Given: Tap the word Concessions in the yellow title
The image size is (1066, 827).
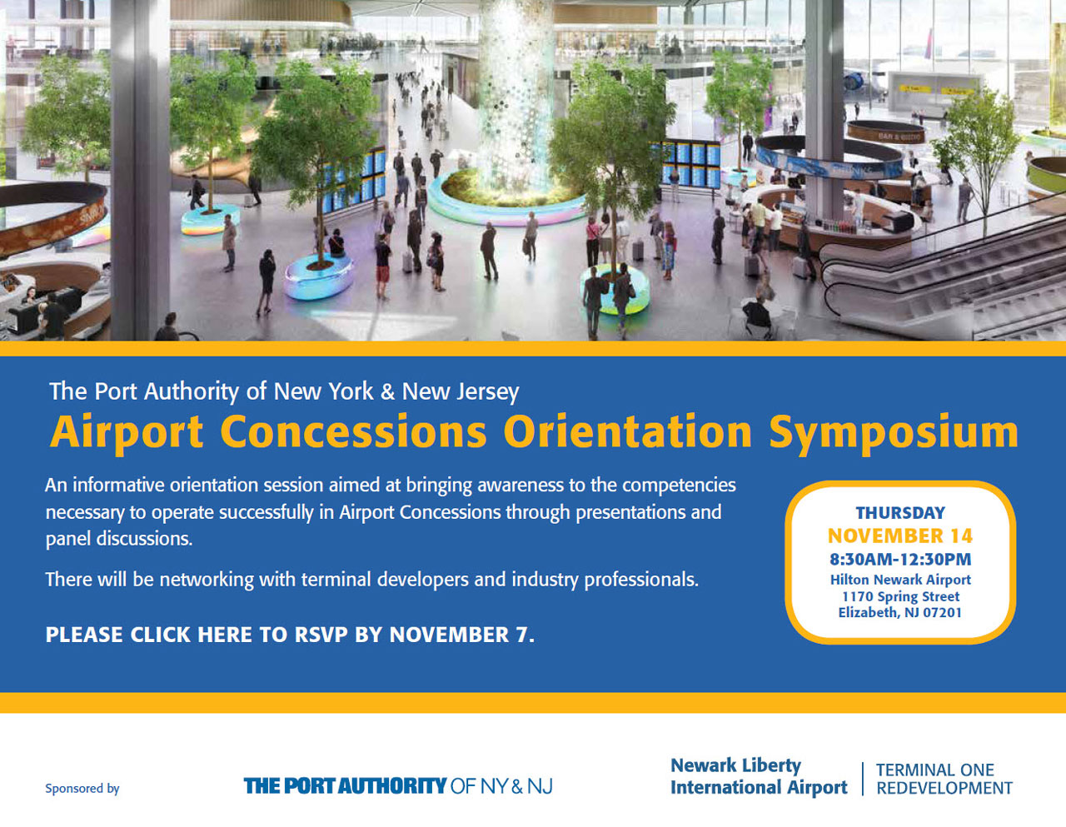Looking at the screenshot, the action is coord(353,431).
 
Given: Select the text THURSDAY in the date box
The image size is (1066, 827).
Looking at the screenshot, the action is coord(900,513).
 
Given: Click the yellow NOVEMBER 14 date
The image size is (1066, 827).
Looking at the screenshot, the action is coord(900,536).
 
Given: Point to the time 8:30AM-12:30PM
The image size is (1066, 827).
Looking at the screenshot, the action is coord(900,559).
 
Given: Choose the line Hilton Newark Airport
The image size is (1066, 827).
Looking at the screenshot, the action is coord(900,580).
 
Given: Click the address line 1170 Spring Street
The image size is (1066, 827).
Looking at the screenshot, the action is coord(900,596).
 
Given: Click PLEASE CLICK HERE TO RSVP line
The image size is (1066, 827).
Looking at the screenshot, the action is coord(290,635).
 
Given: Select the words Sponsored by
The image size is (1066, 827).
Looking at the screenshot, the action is coord(82,789).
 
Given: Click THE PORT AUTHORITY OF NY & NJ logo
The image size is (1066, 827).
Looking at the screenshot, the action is coord(398,786).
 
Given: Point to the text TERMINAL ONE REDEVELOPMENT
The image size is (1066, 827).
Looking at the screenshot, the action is coord(944,779).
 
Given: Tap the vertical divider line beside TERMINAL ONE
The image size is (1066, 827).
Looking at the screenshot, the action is coord(863,779).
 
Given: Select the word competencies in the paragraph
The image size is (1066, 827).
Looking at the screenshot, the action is coord(680,486).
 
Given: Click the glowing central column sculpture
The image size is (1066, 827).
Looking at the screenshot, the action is coord(515,98).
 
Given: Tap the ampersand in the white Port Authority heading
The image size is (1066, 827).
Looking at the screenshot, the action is coord(387,391).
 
